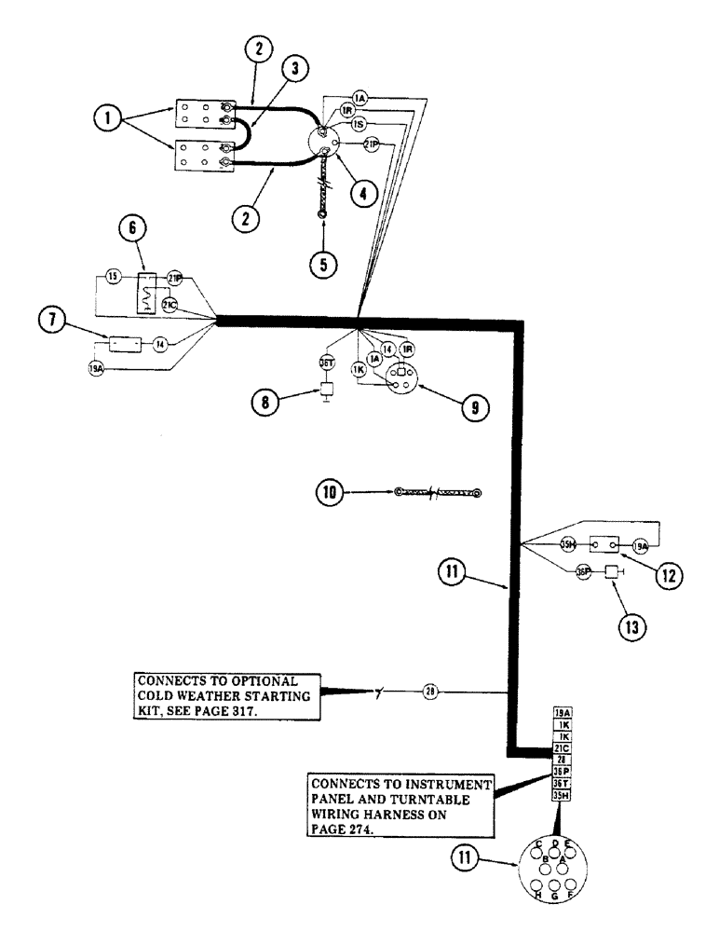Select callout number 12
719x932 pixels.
coord(668,576)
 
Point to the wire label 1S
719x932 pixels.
coord(359,122)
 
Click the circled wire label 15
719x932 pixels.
coord(112,277)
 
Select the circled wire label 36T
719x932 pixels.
coord(327,364)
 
